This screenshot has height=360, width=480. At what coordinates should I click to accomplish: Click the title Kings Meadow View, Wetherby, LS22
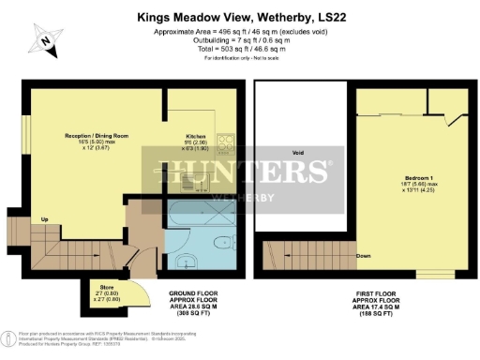[240, 16]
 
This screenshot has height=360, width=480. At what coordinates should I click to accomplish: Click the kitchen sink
[226, 173]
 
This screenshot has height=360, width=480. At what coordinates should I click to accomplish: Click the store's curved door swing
[139, 293]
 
